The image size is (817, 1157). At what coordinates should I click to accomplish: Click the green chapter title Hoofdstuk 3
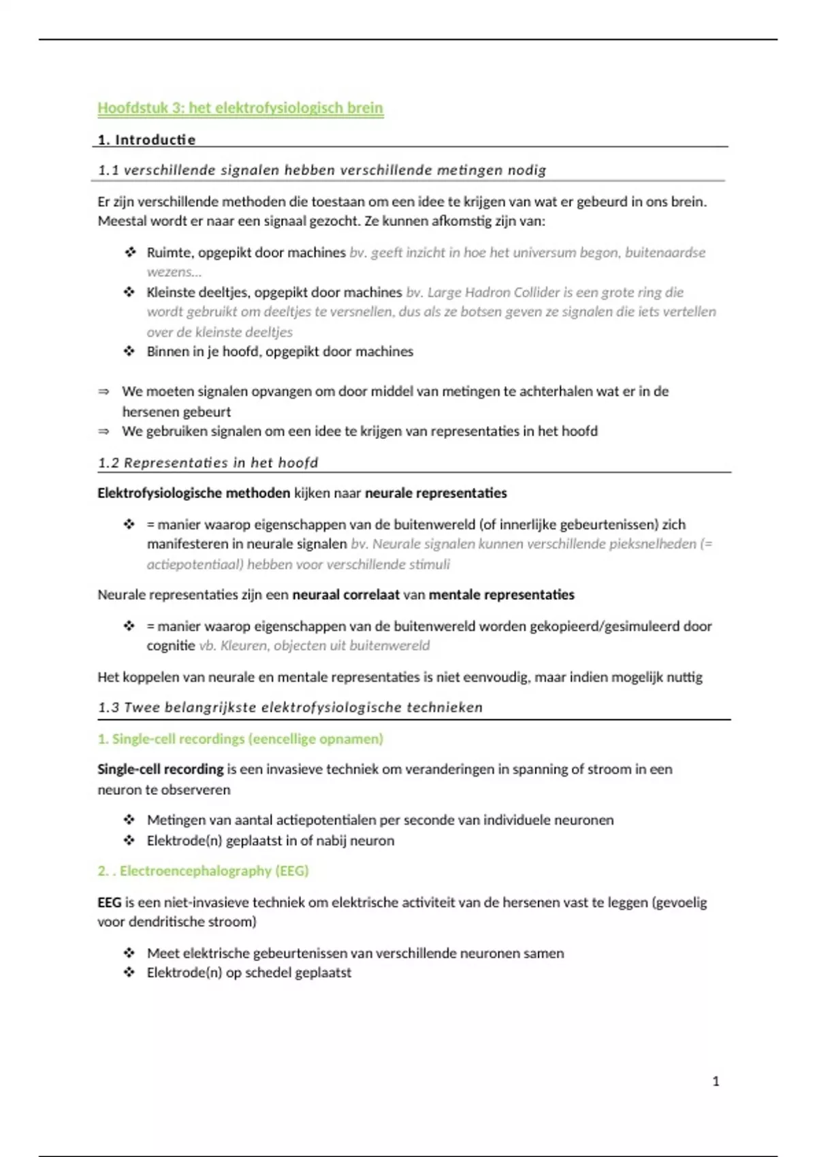coord(240,108)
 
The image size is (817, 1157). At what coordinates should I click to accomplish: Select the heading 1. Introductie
coord(146,140)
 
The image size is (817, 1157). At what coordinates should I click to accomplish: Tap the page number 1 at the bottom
coord(716,1081)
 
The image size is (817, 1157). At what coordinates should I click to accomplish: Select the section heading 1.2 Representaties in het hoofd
coord(208,463)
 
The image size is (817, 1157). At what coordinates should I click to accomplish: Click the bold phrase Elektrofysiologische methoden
coord(193,493)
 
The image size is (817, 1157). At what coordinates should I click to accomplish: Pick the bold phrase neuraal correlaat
coord(346,595)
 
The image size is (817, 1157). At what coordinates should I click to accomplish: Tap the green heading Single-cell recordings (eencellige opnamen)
coord(240,739)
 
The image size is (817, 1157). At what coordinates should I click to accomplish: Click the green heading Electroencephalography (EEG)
coord(214,871)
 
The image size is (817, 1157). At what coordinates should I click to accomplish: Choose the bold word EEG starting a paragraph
coord(110,902)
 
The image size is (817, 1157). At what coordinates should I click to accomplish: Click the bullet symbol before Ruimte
coord(129,252)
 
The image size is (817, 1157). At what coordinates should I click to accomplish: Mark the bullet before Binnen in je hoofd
coord(129,352)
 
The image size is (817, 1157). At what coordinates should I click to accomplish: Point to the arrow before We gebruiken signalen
coord(103,431)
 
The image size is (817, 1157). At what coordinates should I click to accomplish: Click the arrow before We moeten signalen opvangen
coord(103,392)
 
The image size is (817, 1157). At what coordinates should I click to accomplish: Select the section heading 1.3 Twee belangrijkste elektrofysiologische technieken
coord(290,707)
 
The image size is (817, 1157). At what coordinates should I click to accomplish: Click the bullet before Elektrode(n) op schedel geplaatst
coord(129,973)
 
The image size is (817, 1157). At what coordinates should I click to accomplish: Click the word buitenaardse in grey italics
coord(664,252)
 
